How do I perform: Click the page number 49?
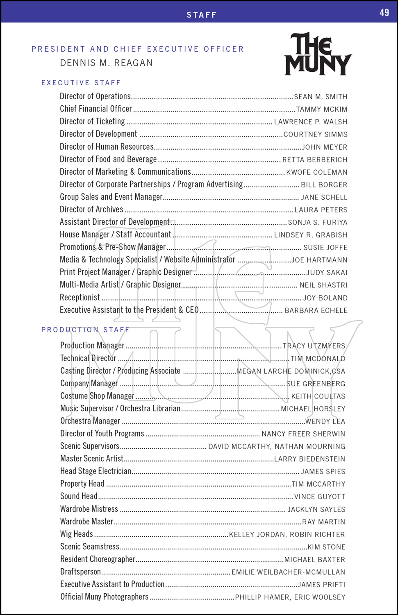(x=384, y=13)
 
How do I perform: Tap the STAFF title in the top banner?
(x=201, y=15)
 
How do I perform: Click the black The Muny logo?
(x=318, y=54)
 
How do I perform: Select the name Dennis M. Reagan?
(x=106, y=63)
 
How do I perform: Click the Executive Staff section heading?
(x=81, y=83)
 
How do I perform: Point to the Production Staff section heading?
(x=85, y=330)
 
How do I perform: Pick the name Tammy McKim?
(x=321, y=109)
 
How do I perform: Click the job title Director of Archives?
(x=91, y=210)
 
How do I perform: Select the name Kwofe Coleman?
(x=316, y=172)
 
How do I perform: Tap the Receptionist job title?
(x=80, y=298)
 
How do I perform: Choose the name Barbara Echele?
(x=316, y=310)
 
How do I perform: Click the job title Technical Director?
(x=88, y=358)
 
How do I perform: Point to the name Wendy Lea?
(x=325, y=421)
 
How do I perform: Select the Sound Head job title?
(x=79, y=497)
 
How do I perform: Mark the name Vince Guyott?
(x=320, y=497)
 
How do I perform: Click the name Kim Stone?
(x=326, y=547)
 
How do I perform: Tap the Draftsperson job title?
(x=80, y=572)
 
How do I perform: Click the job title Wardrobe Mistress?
(x=89, y=509)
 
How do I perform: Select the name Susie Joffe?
(x=325, y=248)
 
